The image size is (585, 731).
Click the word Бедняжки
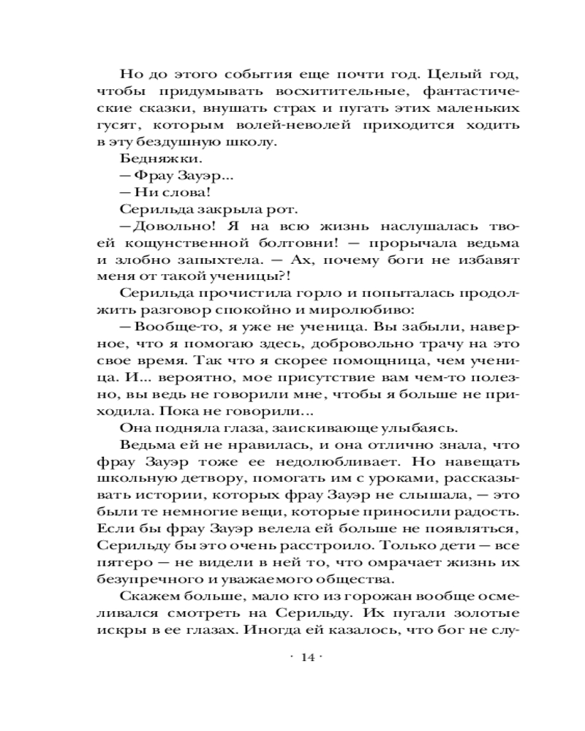(145, 158)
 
